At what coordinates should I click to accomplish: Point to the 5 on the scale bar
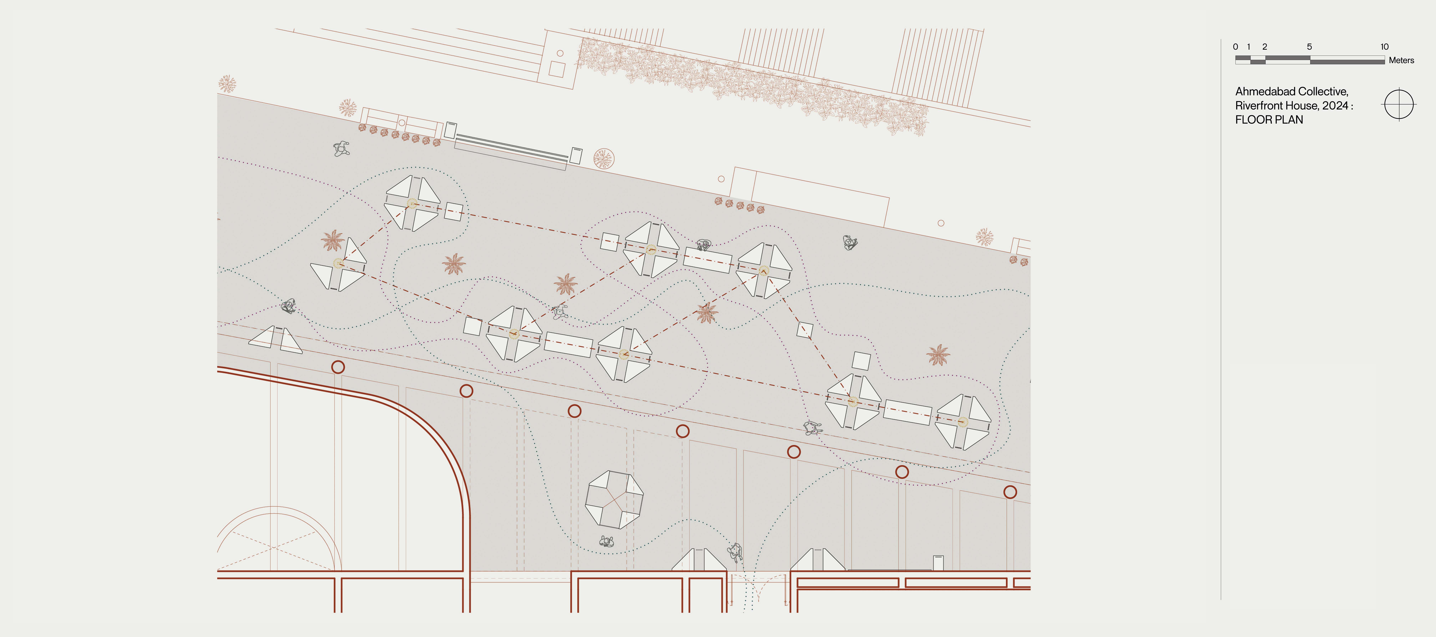click(x=1310, y=47)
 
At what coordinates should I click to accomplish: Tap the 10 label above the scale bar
click(x=1384, y=47)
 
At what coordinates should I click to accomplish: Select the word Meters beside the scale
click(x=1401, y=60)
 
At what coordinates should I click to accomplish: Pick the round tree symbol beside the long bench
click(x=603, y=159)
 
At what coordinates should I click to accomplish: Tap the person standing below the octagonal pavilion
click(x=607, y=541)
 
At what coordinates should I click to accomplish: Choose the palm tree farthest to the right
click(x=938, y=355)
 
